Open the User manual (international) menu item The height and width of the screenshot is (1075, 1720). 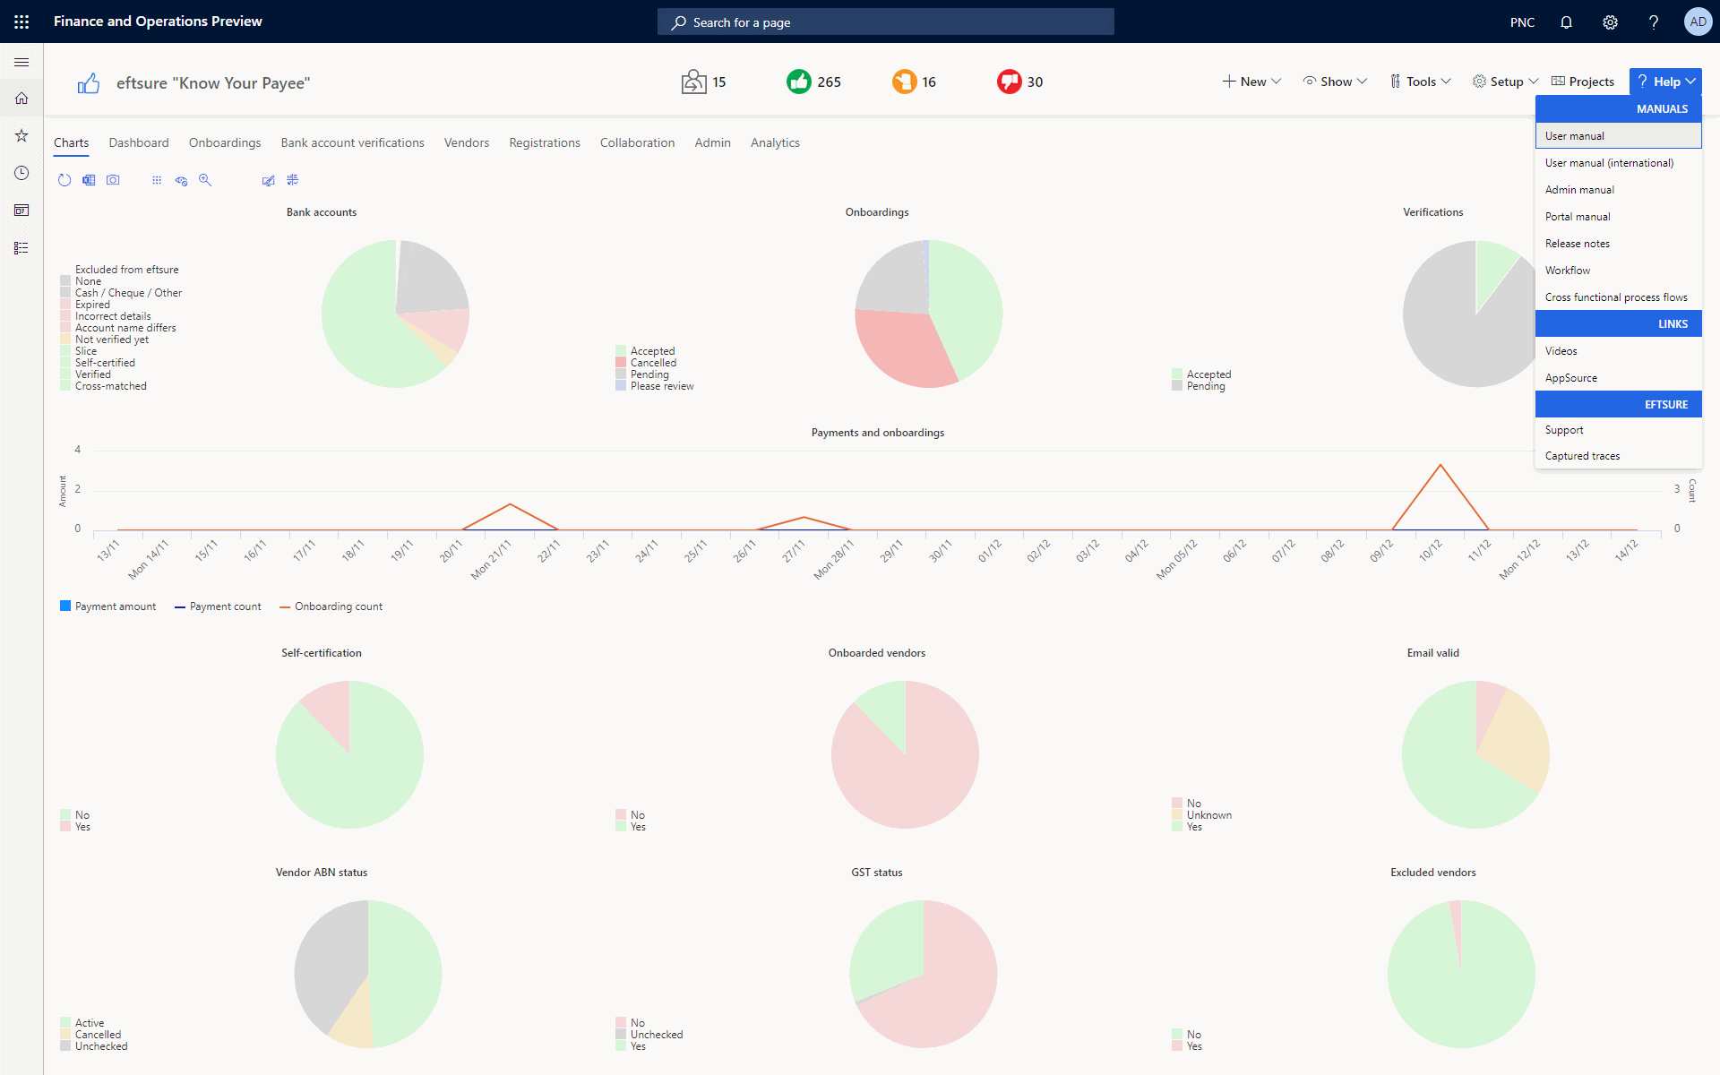tap(1609, 163)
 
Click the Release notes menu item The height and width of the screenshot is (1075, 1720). tap(1577, 244)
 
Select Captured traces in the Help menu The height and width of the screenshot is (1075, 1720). tap(1582, 456)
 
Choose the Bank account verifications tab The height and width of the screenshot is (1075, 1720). tap(352, 142)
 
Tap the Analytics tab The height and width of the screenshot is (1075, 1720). tap(775, 142)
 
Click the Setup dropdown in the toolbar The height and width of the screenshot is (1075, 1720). tap(1505, 82)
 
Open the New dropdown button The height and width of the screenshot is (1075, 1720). tap(1251, 82)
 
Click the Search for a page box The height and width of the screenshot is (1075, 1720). tap(886, 21)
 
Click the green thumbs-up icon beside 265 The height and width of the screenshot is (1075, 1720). tap(798, 82)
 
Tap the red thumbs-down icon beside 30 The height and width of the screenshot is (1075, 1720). tap(1010, 82)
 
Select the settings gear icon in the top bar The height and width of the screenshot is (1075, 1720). tap(1610, 21)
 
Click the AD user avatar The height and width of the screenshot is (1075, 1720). tap(1698, 21)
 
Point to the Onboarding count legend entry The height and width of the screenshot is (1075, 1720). tap(331, 606)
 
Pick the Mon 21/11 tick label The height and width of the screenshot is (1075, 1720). tap(491, 559)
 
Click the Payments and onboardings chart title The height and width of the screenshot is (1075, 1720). tap(878, 433)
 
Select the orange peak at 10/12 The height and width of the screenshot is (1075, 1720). tap(1440, 465)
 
